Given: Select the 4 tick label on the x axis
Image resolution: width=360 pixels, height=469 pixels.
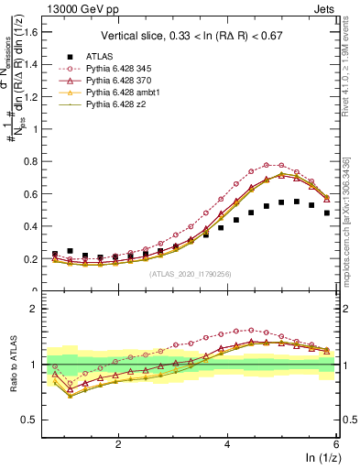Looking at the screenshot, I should coord(227,444).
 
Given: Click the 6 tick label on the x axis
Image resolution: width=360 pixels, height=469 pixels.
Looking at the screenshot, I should coord(336,444).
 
